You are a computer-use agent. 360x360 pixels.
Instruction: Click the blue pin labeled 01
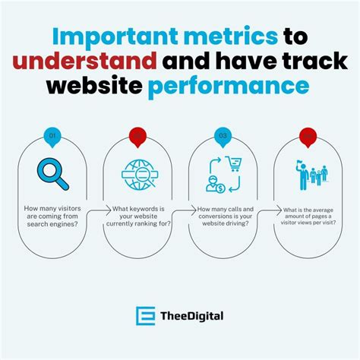[52, 137]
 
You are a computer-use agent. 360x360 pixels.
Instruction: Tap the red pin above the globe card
[138, 137]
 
